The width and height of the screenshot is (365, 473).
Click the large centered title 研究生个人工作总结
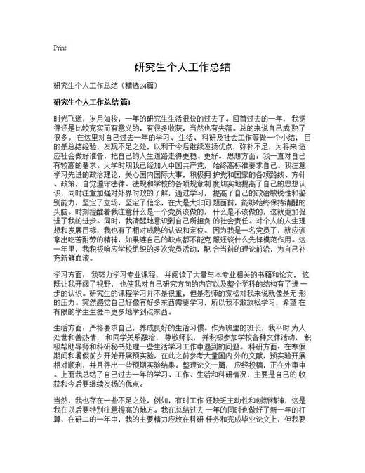tap(182, 69)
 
